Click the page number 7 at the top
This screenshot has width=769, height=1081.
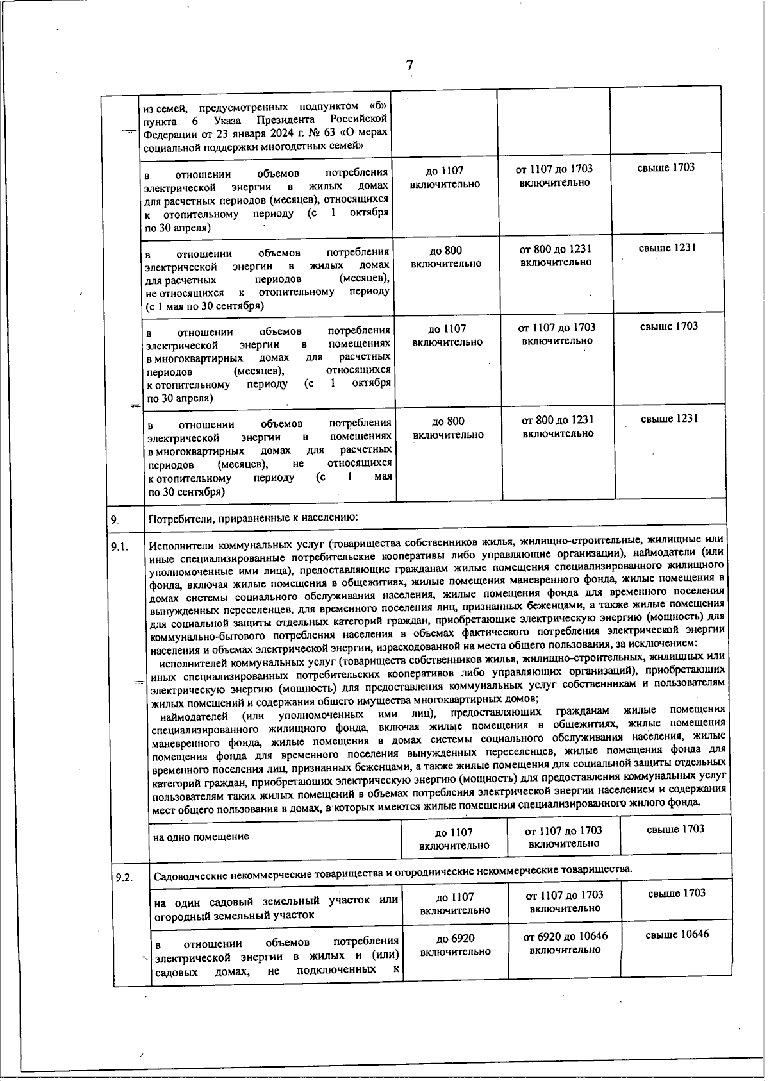409,65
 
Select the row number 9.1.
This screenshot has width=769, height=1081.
120,546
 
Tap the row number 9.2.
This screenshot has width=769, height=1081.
124,877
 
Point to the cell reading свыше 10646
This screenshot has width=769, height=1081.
677,934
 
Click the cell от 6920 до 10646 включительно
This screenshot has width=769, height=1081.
565,943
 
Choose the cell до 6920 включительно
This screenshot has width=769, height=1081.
455,945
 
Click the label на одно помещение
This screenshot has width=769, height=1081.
201,837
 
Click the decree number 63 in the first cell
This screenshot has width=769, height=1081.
291,133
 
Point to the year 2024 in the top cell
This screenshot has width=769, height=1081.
252,133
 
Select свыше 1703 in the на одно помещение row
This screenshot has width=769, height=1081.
675,829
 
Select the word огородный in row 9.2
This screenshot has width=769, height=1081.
178,915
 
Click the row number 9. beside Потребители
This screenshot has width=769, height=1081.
115,519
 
